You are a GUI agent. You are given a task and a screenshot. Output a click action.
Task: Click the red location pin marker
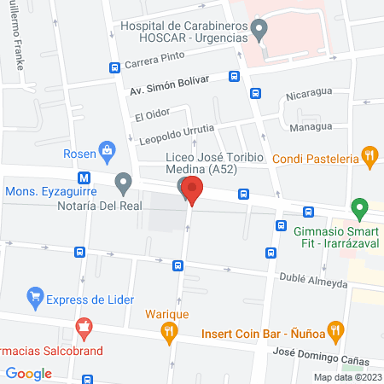[x=193, y=192]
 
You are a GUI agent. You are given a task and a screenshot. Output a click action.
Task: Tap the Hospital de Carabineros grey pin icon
[x=262, y=28]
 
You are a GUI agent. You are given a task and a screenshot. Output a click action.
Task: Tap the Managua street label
[x=310, y=127]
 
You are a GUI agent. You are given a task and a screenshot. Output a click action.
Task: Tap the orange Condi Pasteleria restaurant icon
[x=369, y=156]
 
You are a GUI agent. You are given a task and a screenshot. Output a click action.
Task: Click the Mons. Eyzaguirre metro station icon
[x=84, y=178]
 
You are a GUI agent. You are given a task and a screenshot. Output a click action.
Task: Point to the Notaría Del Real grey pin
[x=124, y=183]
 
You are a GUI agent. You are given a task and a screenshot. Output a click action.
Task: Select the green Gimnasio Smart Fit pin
[x=360, y=207]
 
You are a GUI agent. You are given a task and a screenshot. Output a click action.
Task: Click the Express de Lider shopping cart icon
[x=35, y=298]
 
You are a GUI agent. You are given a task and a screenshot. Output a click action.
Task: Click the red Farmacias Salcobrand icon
[x=84, y=326]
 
